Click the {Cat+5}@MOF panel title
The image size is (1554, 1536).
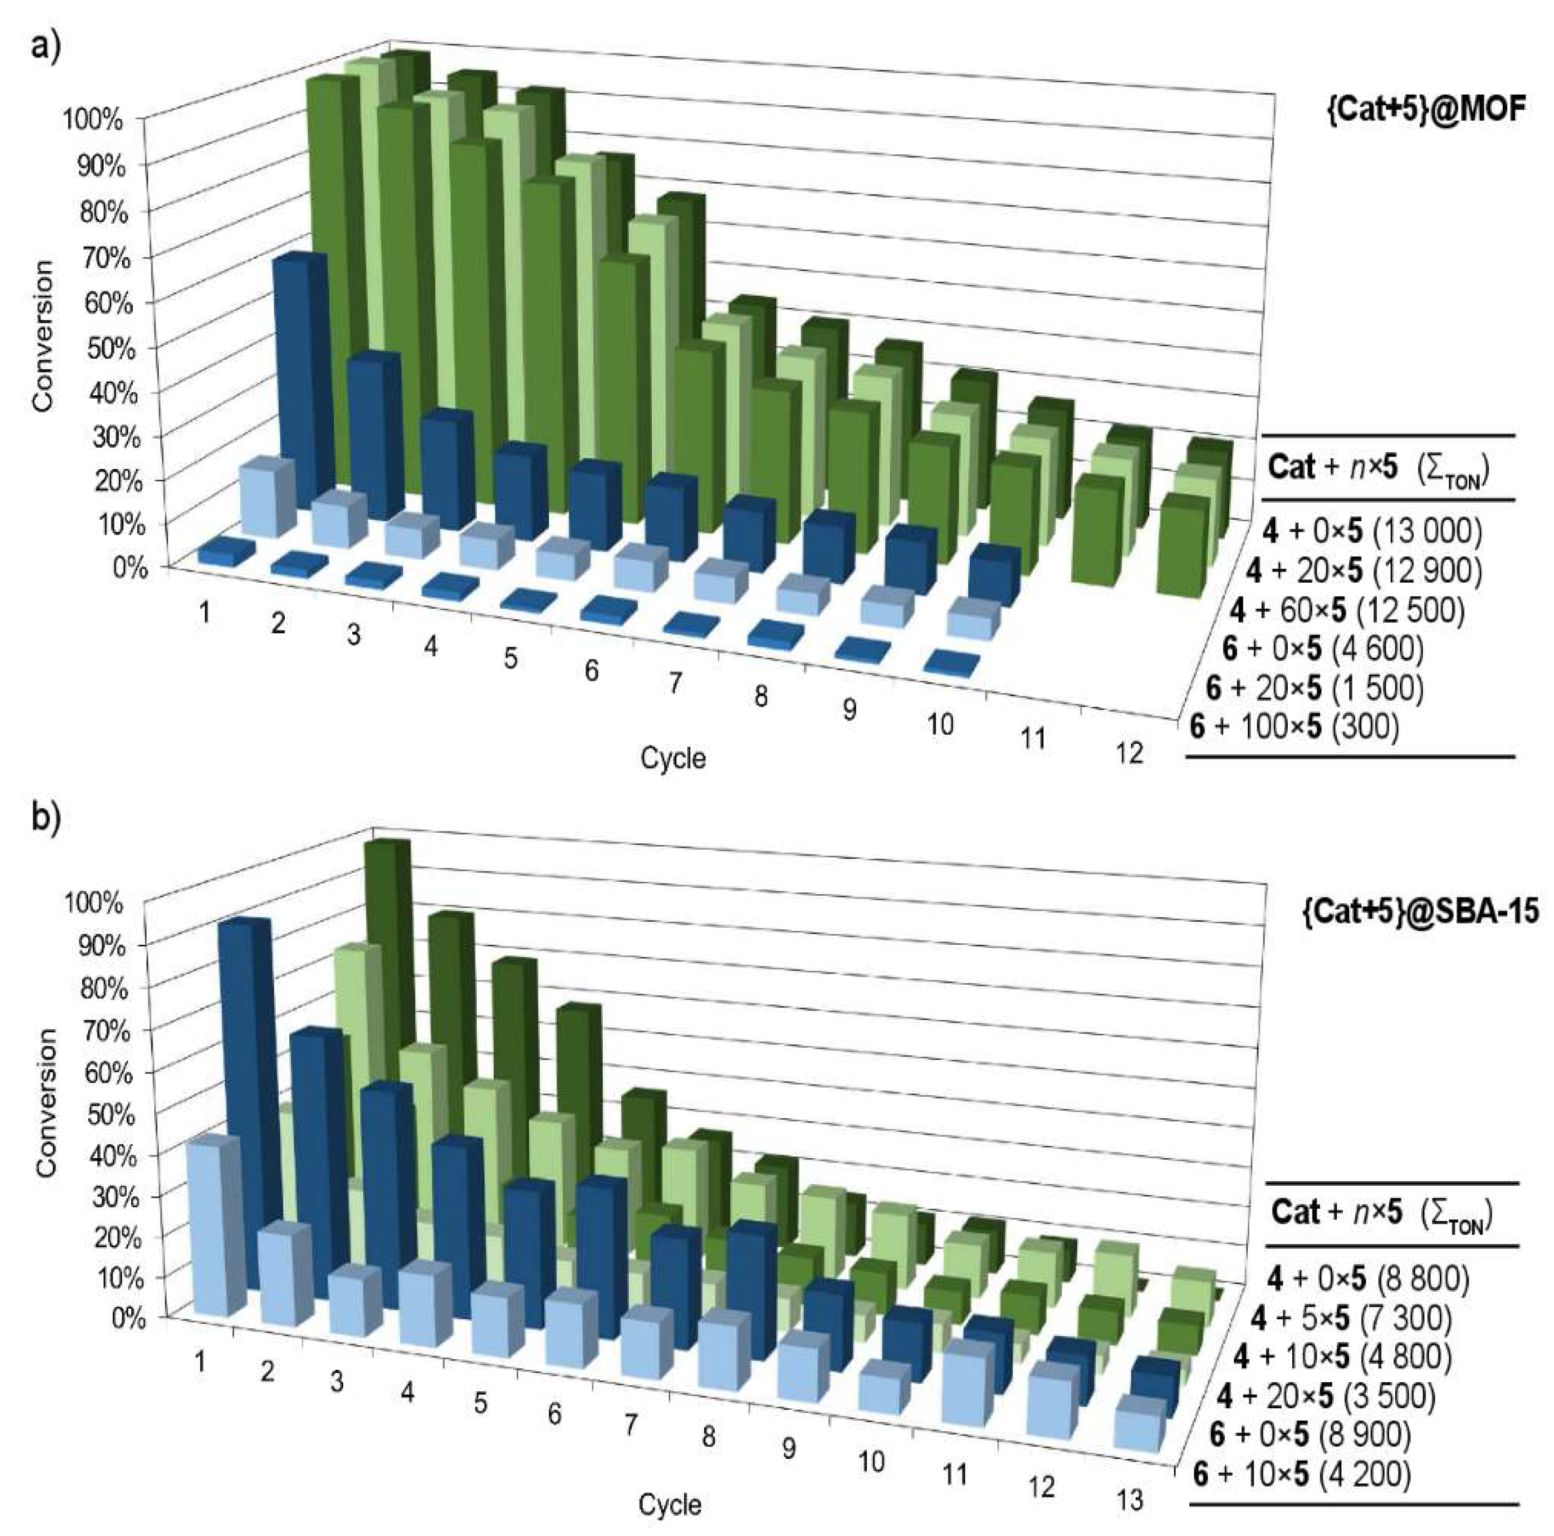pyautogui.click(x=1425, y=109)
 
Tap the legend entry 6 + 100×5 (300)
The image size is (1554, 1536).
pyautogui.click(x=1295, y=726)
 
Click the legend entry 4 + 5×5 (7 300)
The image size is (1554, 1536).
pyautogui.click(x=1351, y=1318)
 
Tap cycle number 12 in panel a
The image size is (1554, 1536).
pyautogui.click(x=1129, y=754)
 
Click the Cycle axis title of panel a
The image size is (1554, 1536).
pyautogui.click(x=673, y=758)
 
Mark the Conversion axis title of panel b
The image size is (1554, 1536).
pyautogui.click(x=47, y=1102)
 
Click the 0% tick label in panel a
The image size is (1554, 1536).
pyautogui.click(x=129, y=568)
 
